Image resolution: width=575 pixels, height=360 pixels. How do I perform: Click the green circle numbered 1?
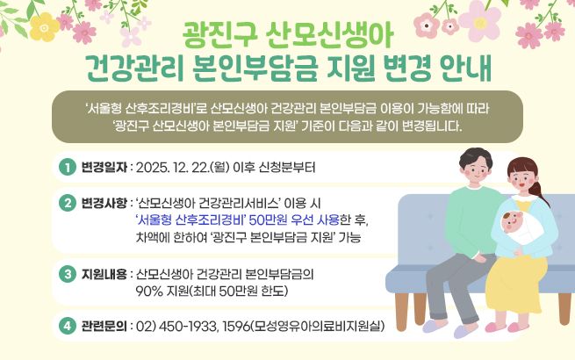pos(65,167)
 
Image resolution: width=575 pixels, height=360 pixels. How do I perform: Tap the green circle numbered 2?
pos(65,203)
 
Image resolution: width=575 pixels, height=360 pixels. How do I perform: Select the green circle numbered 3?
pos(65,273)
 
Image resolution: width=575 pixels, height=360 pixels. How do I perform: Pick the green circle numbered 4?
pos(65,327)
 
